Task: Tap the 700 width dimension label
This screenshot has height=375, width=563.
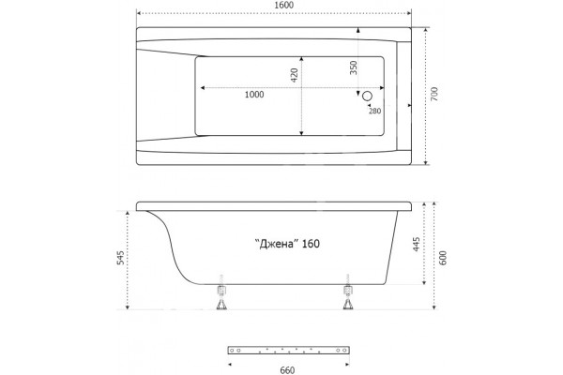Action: tap(434, 94)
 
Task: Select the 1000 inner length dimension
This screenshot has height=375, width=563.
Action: tap(254, 95)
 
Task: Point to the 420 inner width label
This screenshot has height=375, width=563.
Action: tap(295, 75)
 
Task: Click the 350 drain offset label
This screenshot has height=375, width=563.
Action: tap(354, 67)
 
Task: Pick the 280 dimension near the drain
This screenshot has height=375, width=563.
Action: tap(374, 111)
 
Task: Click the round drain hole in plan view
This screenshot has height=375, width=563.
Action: tap(367, 96)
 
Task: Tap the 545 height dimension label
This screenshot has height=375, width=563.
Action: tap(121, 258)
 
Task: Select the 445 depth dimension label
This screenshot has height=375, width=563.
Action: tap(417, 244)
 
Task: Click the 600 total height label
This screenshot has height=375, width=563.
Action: tap(443, 258)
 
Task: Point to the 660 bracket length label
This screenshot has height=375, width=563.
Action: tap(287, 370)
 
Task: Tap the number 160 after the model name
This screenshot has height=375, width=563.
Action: tap(311, 244)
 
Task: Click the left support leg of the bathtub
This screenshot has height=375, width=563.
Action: tap(221, 292)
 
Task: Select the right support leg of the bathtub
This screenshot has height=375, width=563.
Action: tap(347, 292)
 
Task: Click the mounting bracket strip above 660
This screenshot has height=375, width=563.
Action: tap(289, 351)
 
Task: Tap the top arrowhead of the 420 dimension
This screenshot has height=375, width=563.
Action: tap(301, 58)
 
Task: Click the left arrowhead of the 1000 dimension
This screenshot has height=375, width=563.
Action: tap(203, 88)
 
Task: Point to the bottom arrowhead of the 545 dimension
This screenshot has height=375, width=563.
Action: tap(127, 307)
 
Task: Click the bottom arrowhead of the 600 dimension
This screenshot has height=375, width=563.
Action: tap(434, 307)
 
